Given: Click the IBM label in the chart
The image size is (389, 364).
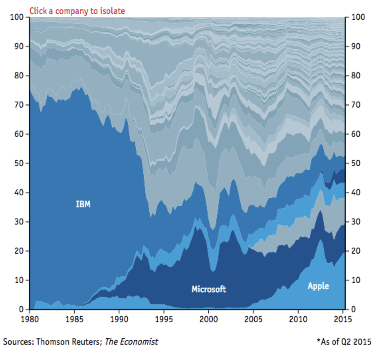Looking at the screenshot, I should tap(83, 204).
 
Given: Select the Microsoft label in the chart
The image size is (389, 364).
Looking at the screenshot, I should tap(209, 289).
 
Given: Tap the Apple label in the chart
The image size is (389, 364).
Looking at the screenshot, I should tap(318, 286).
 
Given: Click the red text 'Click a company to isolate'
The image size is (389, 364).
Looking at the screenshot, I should tap(77, 11).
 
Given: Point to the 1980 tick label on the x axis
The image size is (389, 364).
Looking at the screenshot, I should tap(30, 319).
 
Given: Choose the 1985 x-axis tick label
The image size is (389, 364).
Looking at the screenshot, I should tap(74, 319).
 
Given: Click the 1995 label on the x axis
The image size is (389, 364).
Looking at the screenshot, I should tap(164, 319).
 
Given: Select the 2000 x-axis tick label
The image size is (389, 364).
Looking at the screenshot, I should tap(209, 319).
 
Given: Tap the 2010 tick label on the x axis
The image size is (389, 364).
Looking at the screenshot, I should tap(298, 319).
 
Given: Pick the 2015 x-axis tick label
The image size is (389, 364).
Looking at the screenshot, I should tap(343, 319).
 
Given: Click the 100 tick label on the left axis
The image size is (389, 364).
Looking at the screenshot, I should tap(17, 17).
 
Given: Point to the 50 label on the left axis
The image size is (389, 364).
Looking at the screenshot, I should tap(19, 163).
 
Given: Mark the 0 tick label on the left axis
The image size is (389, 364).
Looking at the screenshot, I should tap(21, 310).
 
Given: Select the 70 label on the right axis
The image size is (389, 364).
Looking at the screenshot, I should tap(355, 105).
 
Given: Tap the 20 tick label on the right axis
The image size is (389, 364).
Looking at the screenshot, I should tap(355, 251).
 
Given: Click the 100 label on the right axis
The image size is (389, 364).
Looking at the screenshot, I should tap(358, 17).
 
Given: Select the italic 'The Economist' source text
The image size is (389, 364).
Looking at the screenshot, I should tap(132, 341).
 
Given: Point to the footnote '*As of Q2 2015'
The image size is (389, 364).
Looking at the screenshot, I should tap(344, 341).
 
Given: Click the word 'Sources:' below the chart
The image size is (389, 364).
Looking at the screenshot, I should tap(18, 341).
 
